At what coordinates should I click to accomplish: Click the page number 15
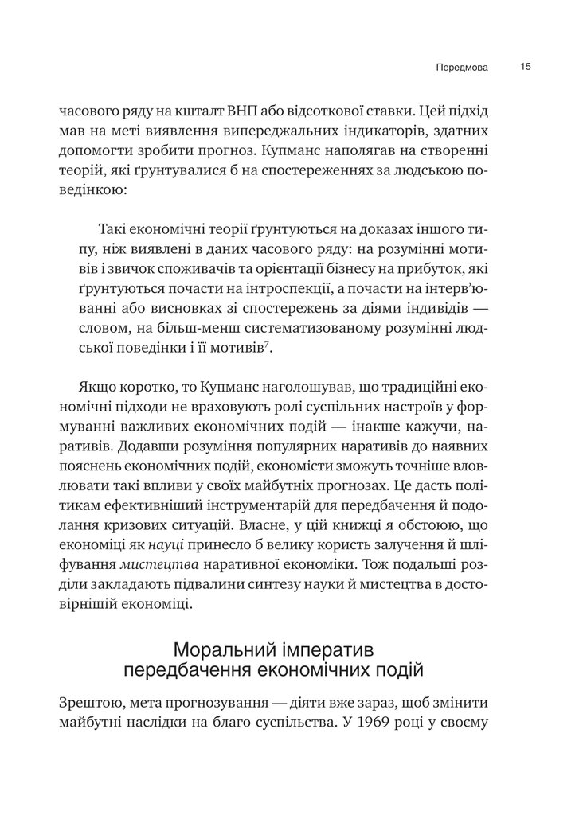pos(526,67)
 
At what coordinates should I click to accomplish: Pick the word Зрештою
pos(92,704)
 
